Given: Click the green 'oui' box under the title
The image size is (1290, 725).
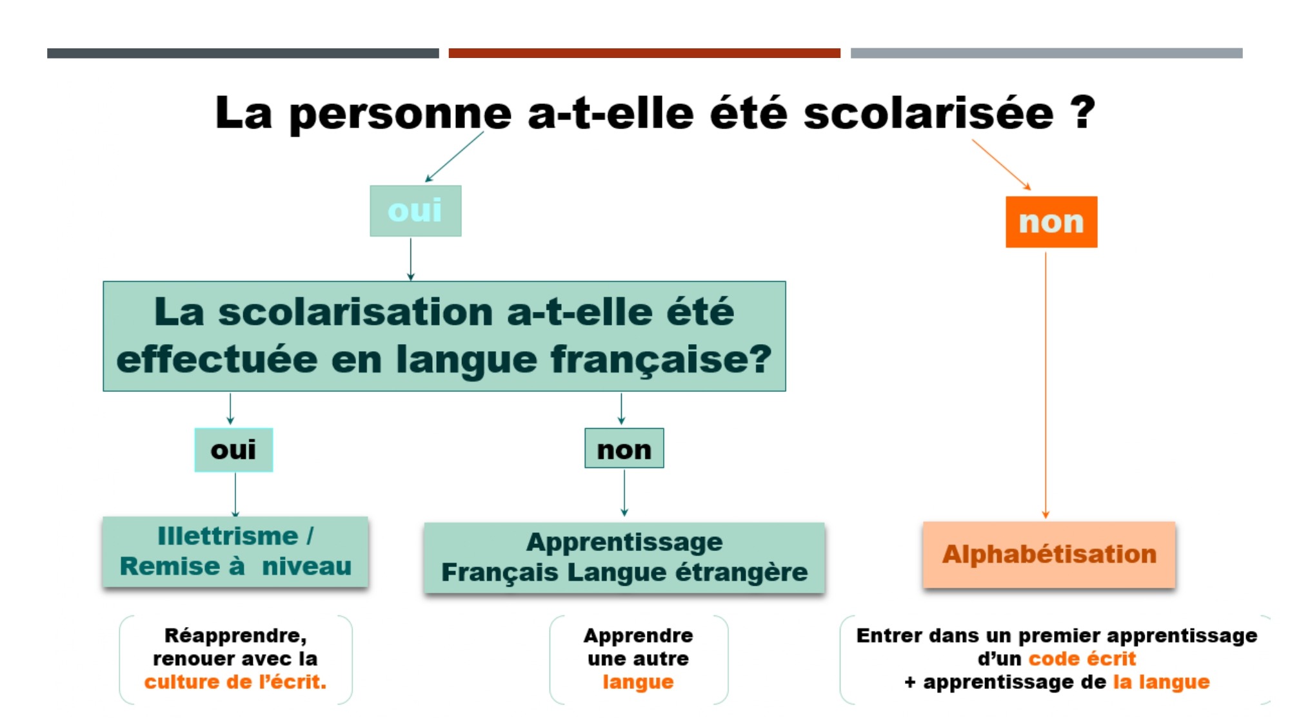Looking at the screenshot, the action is coord(415,211).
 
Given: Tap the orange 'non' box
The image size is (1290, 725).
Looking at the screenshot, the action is coord(1051,222).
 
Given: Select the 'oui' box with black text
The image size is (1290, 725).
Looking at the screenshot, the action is coord(233,450).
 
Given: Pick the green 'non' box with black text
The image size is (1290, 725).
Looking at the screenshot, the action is coord(624,449).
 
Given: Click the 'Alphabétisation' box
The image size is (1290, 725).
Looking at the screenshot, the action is coord(1049,554).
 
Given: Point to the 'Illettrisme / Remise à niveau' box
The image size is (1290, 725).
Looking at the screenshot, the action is coord(235,552).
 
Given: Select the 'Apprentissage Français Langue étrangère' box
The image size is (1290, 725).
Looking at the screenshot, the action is coord(624,557).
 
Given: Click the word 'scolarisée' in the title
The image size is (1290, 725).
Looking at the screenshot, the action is coord(929,113).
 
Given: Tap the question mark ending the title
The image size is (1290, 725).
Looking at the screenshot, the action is coord(1083,112).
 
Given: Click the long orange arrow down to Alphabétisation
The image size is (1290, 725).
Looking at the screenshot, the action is coord(1046,385).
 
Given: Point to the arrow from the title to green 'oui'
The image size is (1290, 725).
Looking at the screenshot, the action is coord(454,157).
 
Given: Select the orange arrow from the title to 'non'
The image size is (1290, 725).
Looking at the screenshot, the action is coord(1002,164).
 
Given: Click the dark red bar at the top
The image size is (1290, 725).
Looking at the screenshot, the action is coord(644,53).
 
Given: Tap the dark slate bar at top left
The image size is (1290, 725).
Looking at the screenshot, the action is coord(243,53).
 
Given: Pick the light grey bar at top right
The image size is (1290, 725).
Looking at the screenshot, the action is coord(1046,53).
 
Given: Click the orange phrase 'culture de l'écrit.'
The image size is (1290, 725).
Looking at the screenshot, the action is coord(235,682).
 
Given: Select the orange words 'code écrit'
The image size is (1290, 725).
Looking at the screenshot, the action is coord(1082,659).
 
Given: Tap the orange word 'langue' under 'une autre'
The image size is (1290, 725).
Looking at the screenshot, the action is coord(638,682).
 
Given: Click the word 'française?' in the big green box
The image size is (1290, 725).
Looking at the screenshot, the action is coord(660,360).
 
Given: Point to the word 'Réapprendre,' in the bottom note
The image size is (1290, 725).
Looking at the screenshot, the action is coord(235,636).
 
